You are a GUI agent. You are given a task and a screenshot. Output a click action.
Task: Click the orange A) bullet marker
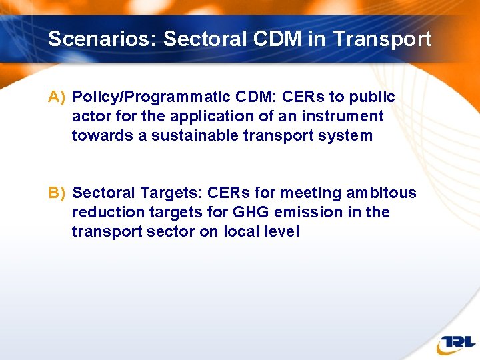(x=57, y=97)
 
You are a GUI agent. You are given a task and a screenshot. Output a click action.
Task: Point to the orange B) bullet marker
(x=57, y=193)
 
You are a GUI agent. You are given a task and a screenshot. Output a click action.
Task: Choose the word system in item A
(x=348, y=136)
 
